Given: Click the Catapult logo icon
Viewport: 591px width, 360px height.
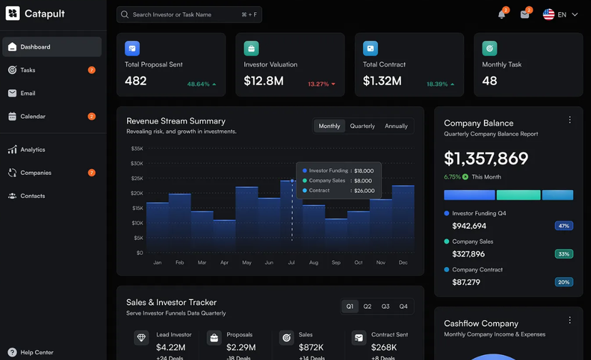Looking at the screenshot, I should [x=13, y=14].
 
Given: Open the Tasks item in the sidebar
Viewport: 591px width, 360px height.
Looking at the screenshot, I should [x=28, y=70].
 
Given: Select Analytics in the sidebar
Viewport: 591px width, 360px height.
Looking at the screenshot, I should [x=32, y=150].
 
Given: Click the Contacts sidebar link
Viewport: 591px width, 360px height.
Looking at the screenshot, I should [x=32, y=196].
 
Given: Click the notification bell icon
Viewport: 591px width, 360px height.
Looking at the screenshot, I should [x=502, y=14].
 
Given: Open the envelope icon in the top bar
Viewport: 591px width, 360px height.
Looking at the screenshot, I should [x=525, y=14].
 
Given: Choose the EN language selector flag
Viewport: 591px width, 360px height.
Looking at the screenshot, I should [x=548, y=14].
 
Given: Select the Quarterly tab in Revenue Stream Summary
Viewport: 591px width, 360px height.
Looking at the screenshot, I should [x=362, y=126].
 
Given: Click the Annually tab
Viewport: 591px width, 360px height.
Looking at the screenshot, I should [x=396, y=126].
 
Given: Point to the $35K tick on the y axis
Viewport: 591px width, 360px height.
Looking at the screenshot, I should [x=137, y=149].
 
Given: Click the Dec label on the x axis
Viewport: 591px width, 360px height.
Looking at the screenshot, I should [x=403, y=263].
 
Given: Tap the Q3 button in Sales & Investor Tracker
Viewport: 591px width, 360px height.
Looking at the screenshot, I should [x=385, y=306].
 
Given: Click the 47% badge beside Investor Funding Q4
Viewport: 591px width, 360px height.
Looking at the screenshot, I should [x=564, y=226].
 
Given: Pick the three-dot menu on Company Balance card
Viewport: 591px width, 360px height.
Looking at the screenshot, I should [x=570, y=120].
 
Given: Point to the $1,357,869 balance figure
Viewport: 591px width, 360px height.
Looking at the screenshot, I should [x=486, y=158].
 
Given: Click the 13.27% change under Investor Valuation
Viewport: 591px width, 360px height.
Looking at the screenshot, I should [x=318, y=84].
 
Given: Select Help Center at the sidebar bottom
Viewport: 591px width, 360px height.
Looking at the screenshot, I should [x=36, y=352].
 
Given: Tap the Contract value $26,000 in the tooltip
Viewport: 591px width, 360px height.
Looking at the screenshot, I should [x=364, y=191].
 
